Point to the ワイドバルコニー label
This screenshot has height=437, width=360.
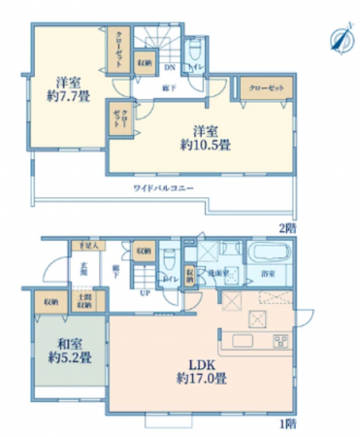pos(165,185)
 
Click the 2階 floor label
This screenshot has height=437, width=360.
pos(287,226)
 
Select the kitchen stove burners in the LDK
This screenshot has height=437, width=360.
pos(280,341)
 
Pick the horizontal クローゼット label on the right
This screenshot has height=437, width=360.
pos(267,88)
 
